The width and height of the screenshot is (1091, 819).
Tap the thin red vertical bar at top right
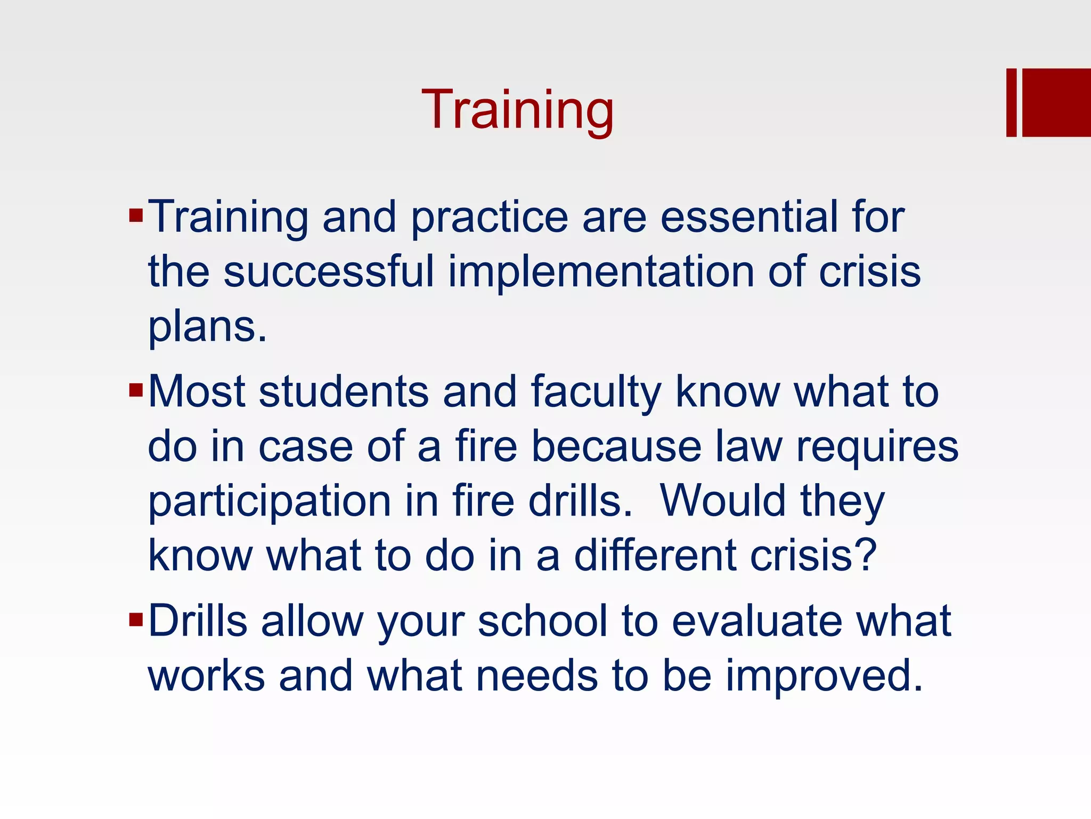coord(1011,102)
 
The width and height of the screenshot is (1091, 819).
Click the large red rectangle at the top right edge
coord(1056,102)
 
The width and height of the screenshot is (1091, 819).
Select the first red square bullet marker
coord(136,215)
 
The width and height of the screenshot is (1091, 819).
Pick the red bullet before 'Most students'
coord(136,390)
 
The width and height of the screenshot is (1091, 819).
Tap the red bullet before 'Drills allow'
coord(136,620)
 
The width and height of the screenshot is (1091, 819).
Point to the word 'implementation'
coord(601,272)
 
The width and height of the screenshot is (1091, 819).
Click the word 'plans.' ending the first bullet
coord(207,328)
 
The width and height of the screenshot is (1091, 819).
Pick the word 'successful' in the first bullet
coord(329,272)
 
